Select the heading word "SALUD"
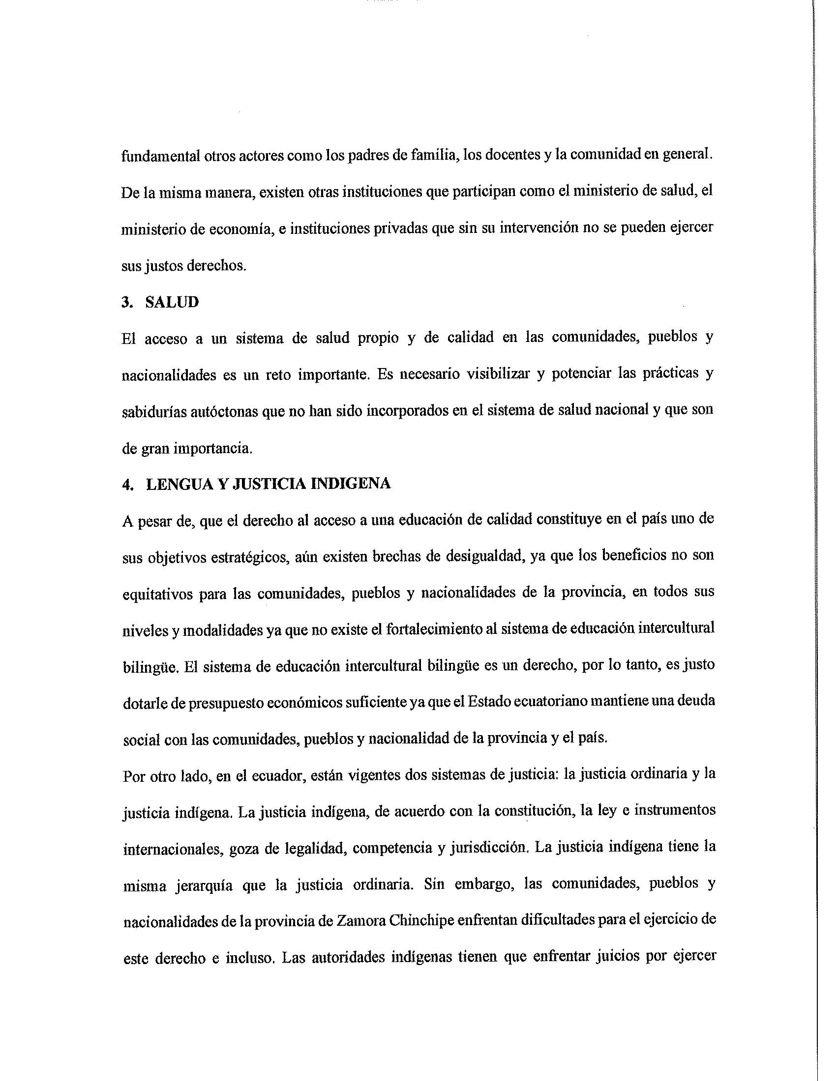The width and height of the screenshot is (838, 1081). coord(172,302)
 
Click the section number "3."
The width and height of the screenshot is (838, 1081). coord(127,302)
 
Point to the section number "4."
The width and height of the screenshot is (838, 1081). coord(127,484)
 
